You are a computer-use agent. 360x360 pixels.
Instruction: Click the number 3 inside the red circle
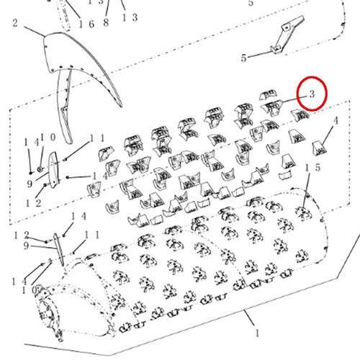point(312,94)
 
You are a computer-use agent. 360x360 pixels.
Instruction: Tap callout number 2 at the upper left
point(15,23)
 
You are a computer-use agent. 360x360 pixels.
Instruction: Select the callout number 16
point(86,24)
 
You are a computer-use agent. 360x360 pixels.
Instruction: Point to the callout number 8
point(106,22)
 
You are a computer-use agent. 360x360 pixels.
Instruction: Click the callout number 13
point(130,17)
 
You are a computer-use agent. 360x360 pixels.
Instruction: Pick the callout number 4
point(336,120)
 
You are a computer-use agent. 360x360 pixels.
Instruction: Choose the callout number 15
point(312,168)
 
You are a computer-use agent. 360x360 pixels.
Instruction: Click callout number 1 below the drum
point(257,333)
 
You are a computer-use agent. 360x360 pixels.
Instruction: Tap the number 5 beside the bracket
point(244,58)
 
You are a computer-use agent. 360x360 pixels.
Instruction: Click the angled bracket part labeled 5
point(287,35)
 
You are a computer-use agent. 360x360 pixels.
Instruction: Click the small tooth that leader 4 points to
point(320,148)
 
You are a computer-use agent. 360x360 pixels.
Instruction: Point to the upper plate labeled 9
point(53,170)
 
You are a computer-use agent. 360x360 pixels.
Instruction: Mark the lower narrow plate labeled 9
point(59,250)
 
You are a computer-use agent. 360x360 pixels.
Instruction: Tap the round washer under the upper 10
point(40,169)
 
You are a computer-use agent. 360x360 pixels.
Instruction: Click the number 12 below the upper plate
point(34,203)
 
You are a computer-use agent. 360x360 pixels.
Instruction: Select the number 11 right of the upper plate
point(97,138)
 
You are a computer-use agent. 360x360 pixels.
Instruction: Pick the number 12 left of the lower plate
point(22,235)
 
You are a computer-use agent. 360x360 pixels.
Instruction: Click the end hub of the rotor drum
point(49,312)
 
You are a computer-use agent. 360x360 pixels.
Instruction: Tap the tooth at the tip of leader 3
point(272,107)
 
